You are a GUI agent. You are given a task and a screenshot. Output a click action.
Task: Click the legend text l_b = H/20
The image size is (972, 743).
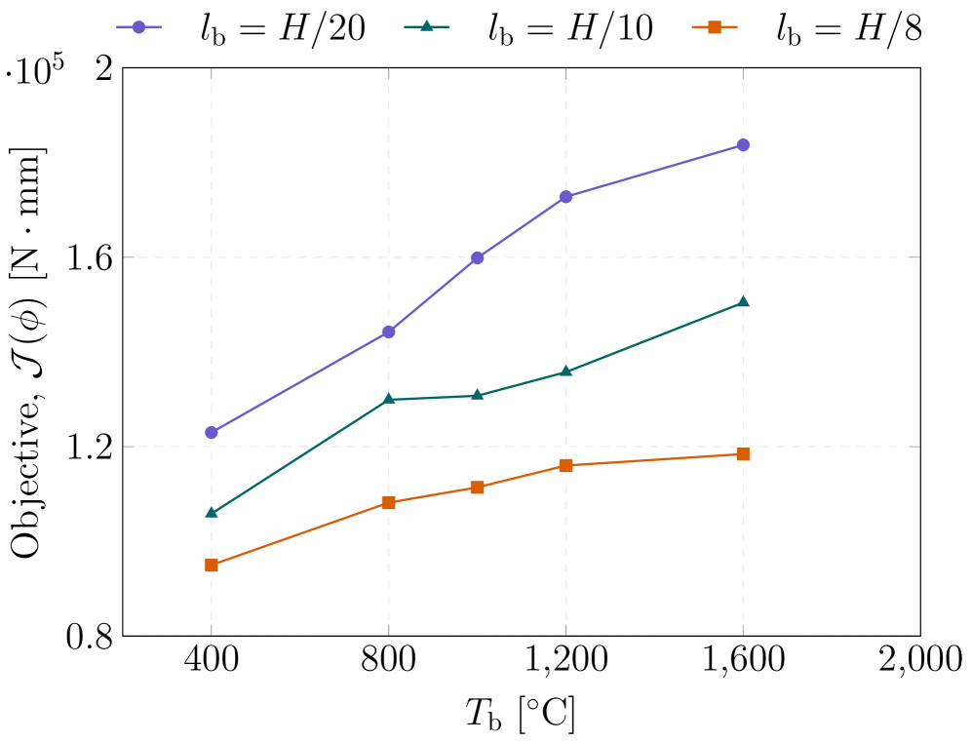(283, 28)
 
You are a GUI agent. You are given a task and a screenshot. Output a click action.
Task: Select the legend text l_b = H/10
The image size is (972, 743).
(570, 28)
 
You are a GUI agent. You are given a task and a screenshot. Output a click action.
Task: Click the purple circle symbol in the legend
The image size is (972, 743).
(138, 27)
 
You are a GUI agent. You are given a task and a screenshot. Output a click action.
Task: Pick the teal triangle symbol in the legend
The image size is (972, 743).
(426, 27)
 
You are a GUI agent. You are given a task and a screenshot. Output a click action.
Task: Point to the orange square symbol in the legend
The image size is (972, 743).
(715, 27)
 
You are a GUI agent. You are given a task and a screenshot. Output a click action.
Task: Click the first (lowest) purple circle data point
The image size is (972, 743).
(212, 432)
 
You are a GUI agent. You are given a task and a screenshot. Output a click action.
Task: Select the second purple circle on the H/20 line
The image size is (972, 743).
(389, 332)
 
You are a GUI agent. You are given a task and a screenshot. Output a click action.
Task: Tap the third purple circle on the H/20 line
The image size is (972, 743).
(477, 258)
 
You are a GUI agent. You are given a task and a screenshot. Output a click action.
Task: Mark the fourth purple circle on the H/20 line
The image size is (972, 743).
(565, 197)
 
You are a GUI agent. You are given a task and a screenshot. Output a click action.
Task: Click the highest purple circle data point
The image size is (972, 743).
(743, 145)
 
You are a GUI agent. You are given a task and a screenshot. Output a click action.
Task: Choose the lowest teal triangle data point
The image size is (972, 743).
(212, 512)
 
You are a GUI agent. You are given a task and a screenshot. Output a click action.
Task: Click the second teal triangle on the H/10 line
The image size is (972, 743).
(389, 399)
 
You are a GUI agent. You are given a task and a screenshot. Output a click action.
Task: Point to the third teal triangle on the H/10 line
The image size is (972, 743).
(477, 395)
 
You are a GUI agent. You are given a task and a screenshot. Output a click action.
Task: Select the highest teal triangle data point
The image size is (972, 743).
(743, 301)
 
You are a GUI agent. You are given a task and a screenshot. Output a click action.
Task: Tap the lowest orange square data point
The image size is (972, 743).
(212, 565)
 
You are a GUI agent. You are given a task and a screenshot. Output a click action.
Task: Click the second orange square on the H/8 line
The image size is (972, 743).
(389, 503)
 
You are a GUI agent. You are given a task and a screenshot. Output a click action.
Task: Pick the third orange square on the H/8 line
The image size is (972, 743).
(477, 488)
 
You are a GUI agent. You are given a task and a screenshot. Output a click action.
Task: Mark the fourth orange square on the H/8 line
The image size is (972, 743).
(565, 465)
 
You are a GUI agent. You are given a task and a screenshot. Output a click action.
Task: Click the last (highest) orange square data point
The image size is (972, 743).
(743, 454)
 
